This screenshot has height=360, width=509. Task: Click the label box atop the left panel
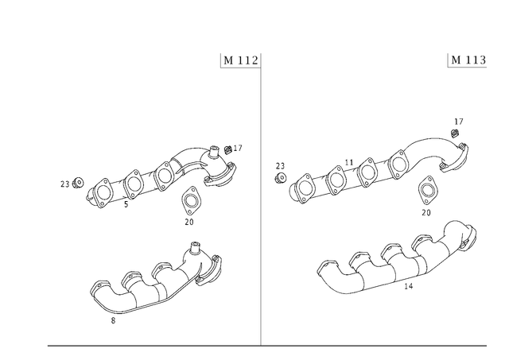pyautogui.click(x=239, y=60)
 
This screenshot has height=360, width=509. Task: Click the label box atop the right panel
pyautogui.click(x=467, y=60)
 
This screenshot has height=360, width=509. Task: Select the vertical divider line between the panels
pyautogui.click(x=260, y=199)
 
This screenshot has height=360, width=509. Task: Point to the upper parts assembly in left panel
pyautogui.click(x=159, y=175)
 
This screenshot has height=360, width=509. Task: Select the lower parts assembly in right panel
pyautogui.click(x=398, y=258)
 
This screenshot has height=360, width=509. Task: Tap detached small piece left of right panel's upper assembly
pyautogui.click(x=280, y=169)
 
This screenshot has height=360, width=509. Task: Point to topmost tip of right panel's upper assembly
pyautogui.click(x=457, y=121)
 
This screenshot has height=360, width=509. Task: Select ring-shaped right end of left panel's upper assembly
pyautogui.click(x=225, y=163)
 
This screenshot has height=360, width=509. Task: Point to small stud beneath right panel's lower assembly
pyautogui.click(x=408, y=288)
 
